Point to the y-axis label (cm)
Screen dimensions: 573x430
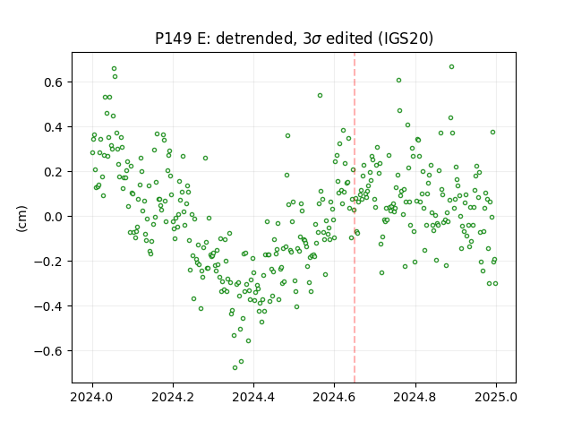[x=21, y=219]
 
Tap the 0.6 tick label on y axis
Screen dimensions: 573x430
[x=53, y=82]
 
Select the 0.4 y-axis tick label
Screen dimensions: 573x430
[x=53, y=127]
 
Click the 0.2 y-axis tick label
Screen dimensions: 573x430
[x=53, y=172]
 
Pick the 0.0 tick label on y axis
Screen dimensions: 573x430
[x=53, y=217]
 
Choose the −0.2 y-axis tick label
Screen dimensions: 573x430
[x=48, y=262]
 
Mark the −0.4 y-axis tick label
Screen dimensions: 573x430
[x=48, y=306]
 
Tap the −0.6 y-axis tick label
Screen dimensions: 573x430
[x=48, y=351]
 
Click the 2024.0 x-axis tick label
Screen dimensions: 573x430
[x=92, y=397]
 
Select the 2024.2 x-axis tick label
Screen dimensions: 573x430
[x=173, y=397]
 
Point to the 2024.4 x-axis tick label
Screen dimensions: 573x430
[x=253, y=397]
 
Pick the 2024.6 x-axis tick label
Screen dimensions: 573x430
[x=334, y=397]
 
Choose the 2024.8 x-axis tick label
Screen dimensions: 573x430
[x=415, y=397]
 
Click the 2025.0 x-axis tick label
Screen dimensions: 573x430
[x=496, y=397]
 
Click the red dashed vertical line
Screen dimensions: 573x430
[x=355, y=218]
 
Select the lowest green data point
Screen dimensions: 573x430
[x=235, y=367]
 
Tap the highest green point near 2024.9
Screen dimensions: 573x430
[x=451, y=67]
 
